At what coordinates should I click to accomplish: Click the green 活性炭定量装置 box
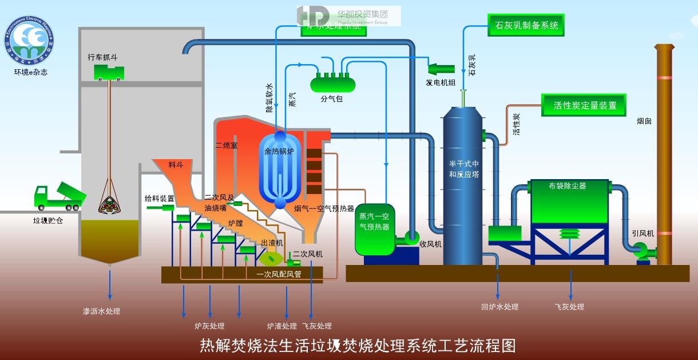pos(584,105)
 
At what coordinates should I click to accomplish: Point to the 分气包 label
pos(331,98)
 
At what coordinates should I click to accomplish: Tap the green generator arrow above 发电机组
pos(441,68)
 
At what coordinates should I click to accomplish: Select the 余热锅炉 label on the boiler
pos(279,152)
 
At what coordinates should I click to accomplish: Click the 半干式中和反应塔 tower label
pos(464,169)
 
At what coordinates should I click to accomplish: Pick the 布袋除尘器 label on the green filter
pos(568,185)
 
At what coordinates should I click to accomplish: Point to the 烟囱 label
pos(644,121)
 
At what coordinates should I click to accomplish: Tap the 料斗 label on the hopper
pos(176,165)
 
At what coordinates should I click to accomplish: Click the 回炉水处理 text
pos(499,307)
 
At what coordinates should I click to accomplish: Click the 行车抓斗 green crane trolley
pos(109,72)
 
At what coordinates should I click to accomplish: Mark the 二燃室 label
pos(226,145)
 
